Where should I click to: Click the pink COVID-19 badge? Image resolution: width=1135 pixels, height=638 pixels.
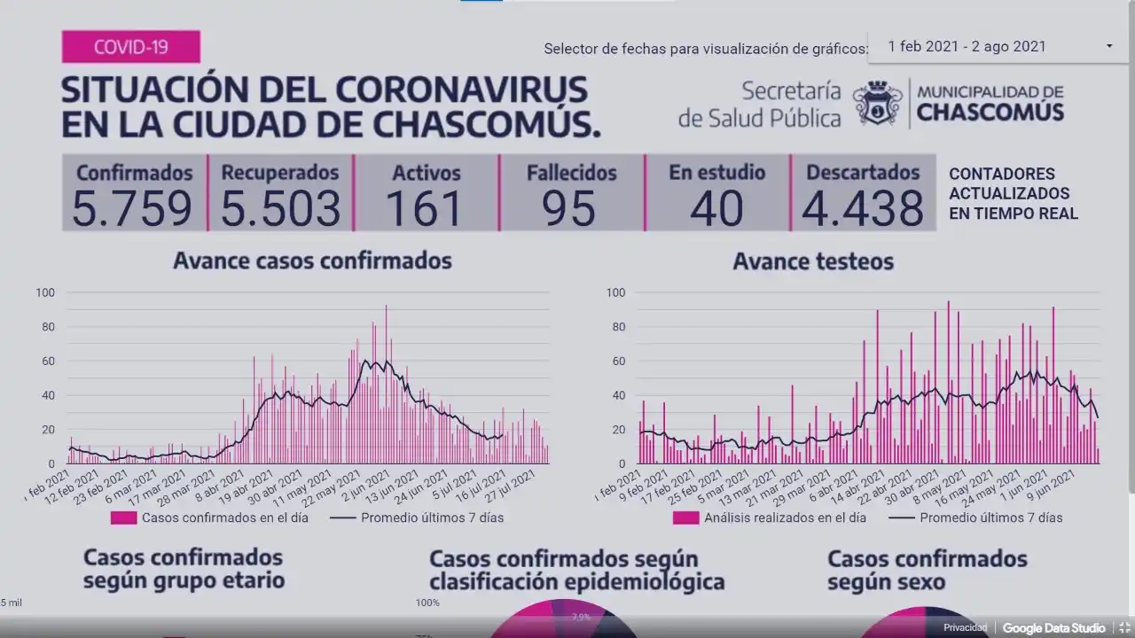130,46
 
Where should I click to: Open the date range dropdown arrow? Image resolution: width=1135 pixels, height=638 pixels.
1109,46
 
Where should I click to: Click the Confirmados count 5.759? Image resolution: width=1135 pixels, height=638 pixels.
132,208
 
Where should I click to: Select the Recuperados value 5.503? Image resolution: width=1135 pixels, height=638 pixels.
280,208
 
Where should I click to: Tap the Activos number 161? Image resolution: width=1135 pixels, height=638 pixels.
426,208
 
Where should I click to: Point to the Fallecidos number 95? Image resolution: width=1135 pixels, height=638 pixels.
570,208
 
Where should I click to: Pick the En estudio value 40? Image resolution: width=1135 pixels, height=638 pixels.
716,208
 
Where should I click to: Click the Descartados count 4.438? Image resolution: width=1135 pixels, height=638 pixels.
862,208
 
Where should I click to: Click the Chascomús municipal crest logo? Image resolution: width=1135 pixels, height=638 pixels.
877,103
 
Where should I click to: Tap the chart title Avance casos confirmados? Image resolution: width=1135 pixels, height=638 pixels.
312,261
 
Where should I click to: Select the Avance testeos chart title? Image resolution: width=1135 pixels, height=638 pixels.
813,261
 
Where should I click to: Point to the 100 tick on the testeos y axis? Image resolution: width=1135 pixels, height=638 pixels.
615,292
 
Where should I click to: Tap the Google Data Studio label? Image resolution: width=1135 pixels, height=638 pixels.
1053,627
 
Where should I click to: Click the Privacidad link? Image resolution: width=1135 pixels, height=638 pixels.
965,627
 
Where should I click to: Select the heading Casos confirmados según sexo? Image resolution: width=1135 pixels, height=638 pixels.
927,571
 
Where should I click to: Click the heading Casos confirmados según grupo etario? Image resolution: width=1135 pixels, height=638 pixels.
184,569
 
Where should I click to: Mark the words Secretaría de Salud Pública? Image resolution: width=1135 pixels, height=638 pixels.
760,104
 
